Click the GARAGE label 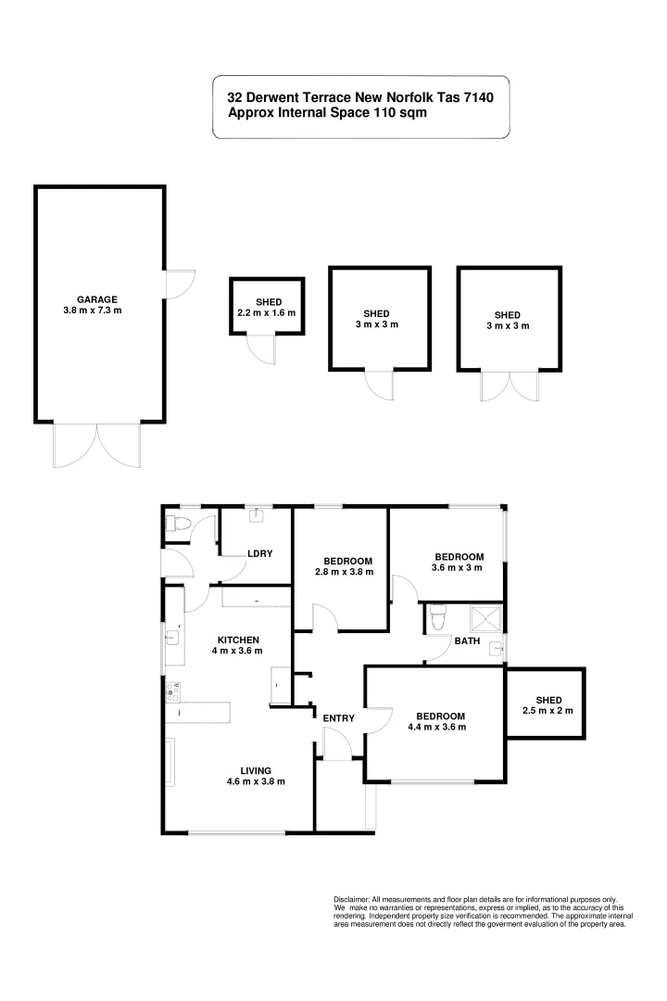tap(96, 299)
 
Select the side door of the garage tap(179, 283)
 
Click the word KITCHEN tap(238, 640)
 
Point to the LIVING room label tap(256, 770)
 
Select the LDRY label tap(259, 553)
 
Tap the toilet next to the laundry tap(178, 526)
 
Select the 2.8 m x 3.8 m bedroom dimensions tap(348, 572)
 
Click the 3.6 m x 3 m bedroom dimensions tap(457, 567)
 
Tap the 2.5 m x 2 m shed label tap(547, 711)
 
